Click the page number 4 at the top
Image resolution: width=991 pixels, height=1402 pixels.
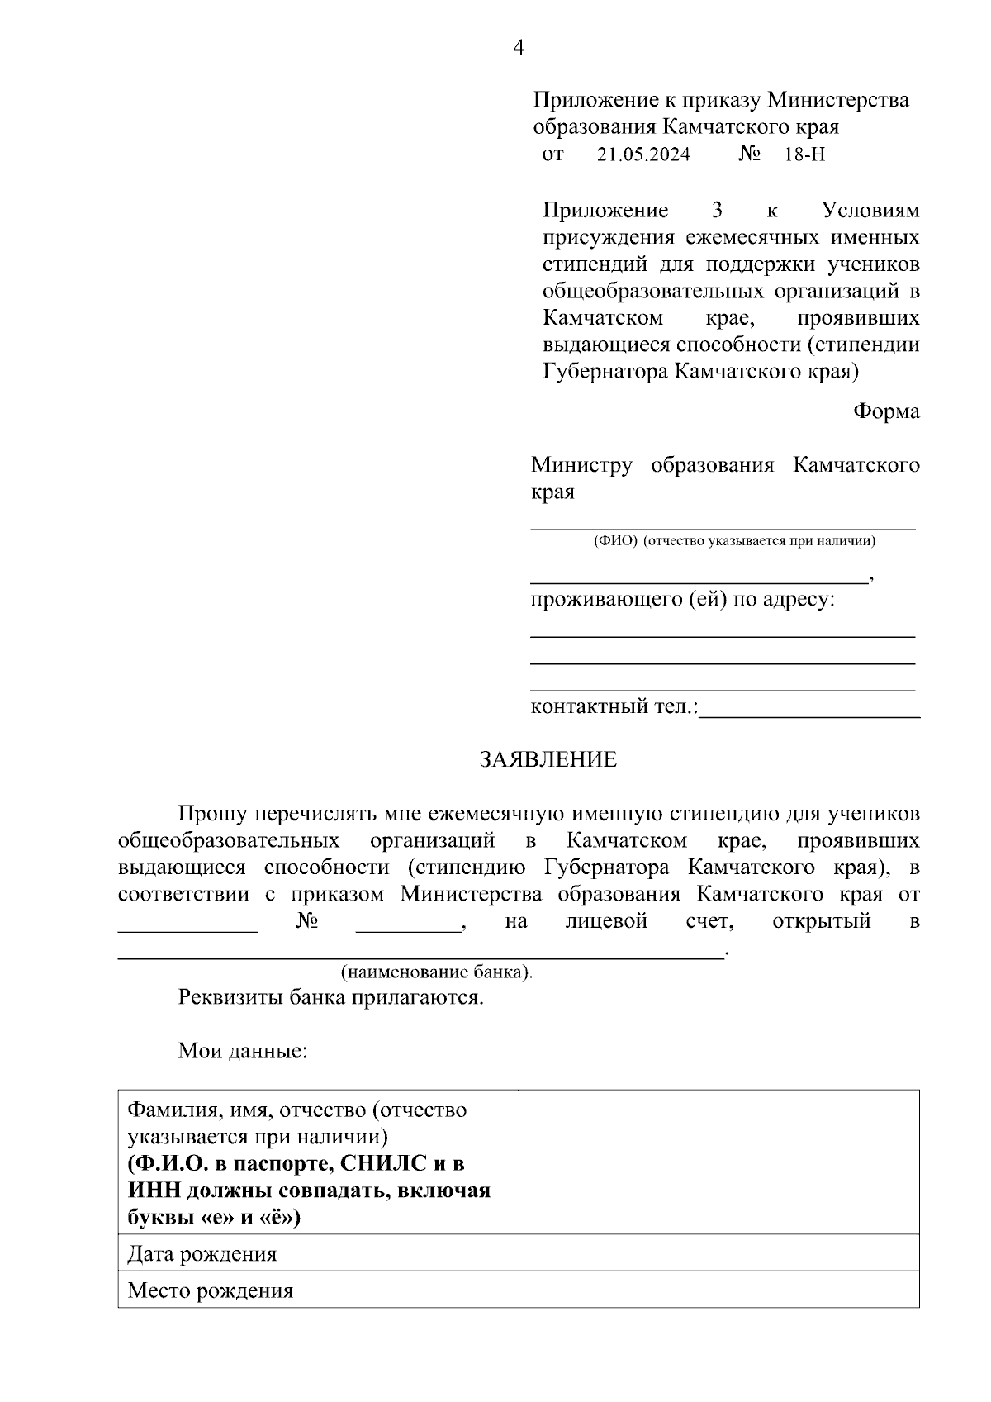pos(519,48)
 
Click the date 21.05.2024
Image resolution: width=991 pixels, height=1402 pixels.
pos(643,154)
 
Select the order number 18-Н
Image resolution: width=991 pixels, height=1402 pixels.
pos(804,154)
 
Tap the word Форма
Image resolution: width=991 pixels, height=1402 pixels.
pos(886,411)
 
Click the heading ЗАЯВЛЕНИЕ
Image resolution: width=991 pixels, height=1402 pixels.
pos(548,759)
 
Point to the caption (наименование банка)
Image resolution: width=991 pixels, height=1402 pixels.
pos(437,972)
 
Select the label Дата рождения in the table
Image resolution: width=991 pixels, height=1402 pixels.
pos(202,1254)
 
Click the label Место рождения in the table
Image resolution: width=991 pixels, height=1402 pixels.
pos(211,1290)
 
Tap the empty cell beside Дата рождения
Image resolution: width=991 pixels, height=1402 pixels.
pos(718,1253)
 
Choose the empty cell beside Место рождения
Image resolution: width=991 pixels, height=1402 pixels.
pos(718,1290)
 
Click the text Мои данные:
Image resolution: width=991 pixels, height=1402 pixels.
pos(243,1052)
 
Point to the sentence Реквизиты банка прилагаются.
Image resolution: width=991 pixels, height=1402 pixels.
pos(330,997)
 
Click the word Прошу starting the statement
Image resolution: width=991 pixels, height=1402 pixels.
pos(212,814)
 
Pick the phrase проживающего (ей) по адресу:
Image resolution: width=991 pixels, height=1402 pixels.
pos(682,599)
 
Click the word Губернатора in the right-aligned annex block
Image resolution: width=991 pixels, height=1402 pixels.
pos(605,371)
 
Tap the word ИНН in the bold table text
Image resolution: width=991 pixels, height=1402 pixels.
pos(154,1191)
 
